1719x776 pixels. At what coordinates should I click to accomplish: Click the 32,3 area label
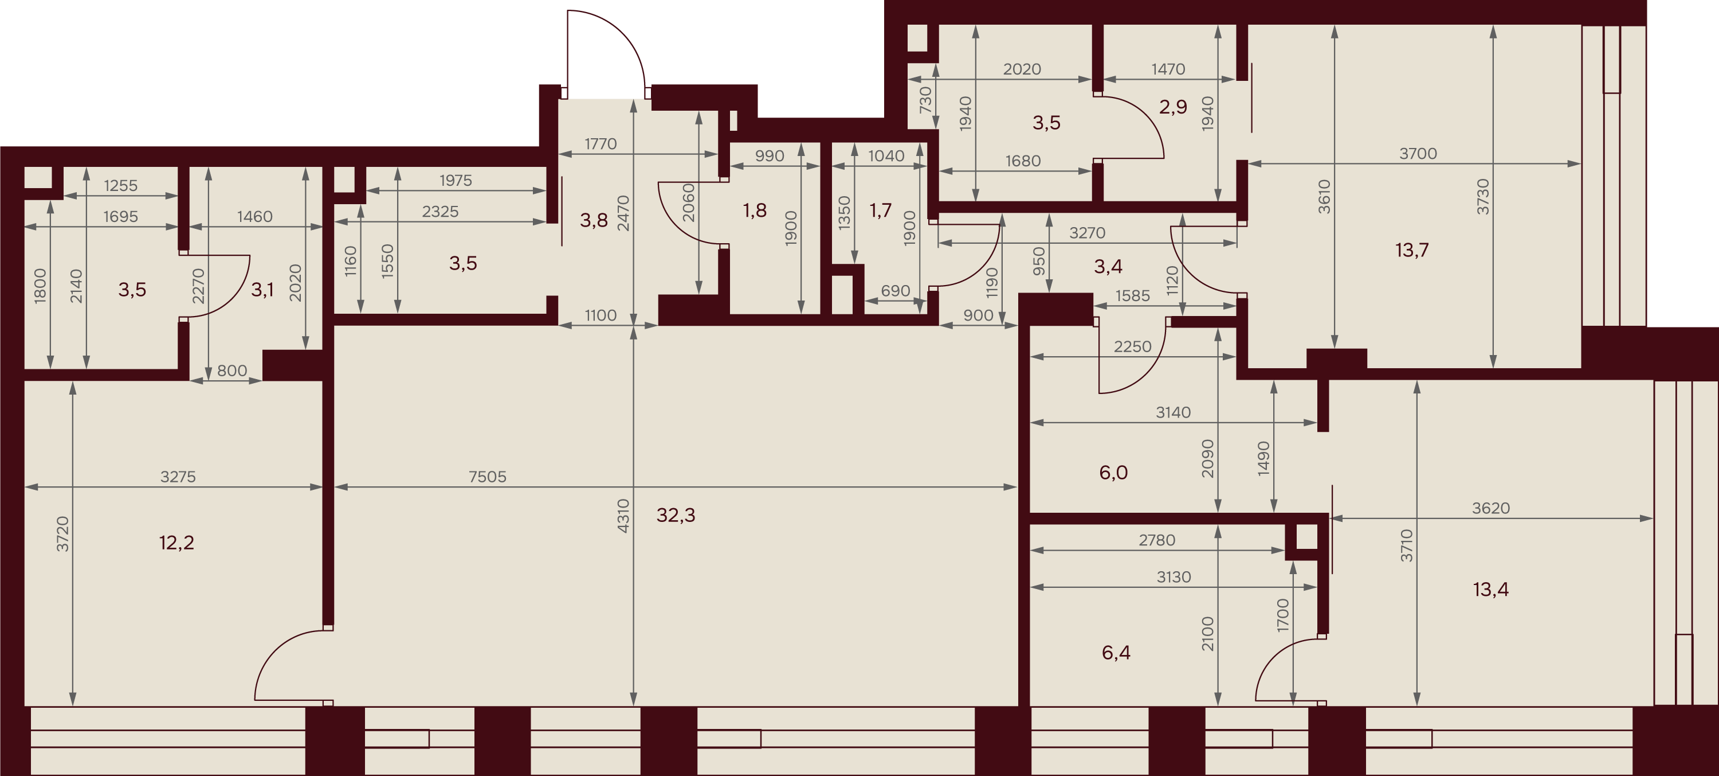click(676, 515)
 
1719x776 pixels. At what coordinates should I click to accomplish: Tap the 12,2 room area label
click(177, 542)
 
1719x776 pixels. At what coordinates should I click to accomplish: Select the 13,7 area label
click(1412, 249)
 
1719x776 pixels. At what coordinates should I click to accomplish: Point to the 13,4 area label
click(1491, 589)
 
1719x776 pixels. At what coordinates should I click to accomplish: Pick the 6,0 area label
click(1113, 473)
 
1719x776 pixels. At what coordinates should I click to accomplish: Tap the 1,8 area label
click(755, 210)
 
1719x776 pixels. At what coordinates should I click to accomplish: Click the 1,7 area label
click(881, 210)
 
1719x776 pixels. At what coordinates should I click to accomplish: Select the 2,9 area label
click(1173, 107)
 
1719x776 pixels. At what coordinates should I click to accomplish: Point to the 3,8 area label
click(594, 220)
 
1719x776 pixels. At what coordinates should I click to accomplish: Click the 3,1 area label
click(262, 290)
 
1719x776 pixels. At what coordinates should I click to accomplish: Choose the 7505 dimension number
click(487, 477)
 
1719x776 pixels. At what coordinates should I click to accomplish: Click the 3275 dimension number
click(178, 477)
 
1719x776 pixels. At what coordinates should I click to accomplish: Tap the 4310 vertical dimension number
click(623, 515)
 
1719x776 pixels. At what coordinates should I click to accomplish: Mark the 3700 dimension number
click(1418, 154)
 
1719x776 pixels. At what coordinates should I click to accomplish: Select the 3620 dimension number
click(1491, 508)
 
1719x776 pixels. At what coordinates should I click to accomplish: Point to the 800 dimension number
click(232, 371)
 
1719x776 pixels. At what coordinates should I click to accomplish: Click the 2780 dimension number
click(1157, 540)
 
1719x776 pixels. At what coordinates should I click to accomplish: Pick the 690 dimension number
click(896, 291)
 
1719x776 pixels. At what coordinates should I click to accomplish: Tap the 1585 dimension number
click(1132, 295)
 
